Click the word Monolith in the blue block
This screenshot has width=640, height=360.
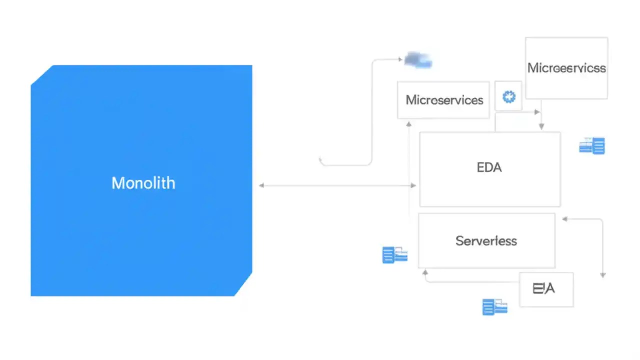pyautogui.click(x=143, y=183)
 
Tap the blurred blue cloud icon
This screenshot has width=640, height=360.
pyautogui.click(x=418, y=60)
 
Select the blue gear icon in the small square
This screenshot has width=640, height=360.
pyautogui.click(x=509, y=96)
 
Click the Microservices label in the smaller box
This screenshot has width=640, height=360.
pyautogui.click(x=444, y=100)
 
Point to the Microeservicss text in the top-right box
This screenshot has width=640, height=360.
pyautogui.click(x=566, y=68)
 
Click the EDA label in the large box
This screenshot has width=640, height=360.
pyautogui.click(x=489, y=167)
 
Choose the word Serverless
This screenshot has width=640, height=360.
pyautogui.click(x=486, y=241)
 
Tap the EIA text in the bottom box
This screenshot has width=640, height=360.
pyautogui.click(x=543, y=288)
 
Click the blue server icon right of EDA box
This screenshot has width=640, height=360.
pyautogui.click(x=592, y=145)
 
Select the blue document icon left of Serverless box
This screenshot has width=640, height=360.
pyautogui.click(x=394, y=254)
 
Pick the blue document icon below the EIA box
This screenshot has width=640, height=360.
pyautogui.click(x=494, y=306)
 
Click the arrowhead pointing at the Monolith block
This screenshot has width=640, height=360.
pyautogui.click(x=261, y=185)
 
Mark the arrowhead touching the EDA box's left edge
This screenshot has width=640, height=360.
pyautogui.click(x=413, y=185)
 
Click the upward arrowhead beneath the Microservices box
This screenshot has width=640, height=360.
pyautogui.click(x=409, y=123)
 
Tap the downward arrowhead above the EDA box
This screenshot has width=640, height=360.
pyautogui.click(x=541, y=127)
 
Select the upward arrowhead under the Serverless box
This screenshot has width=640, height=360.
pyautogui.click(x=425, y=272)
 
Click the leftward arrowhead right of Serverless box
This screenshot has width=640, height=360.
pyautogui.click(x=565, y=219)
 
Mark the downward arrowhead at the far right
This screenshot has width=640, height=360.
pyautogui.click(x=602, y=274)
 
